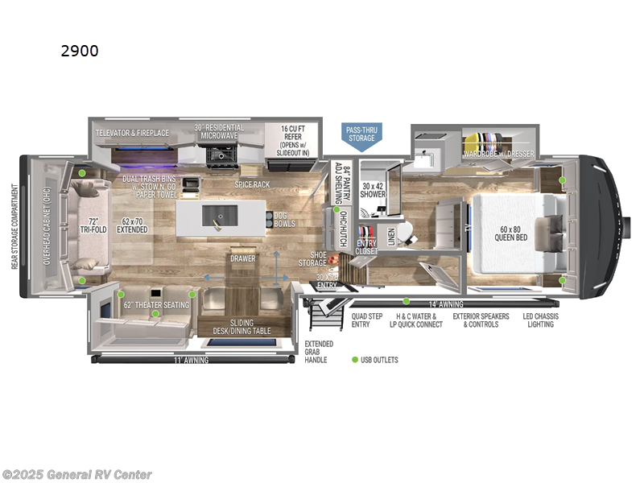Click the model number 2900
click(80, 51)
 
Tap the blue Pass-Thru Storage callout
click(361, 134)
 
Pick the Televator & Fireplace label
click(132, 132)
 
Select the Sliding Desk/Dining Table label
click(241, 325)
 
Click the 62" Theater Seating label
click(155, 305)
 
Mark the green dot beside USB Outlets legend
click(353, 360)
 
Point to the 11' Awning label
click(190, 360)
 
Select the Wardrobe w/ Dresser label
click(498, 152)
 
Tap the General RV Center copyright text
click(77, 474)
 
